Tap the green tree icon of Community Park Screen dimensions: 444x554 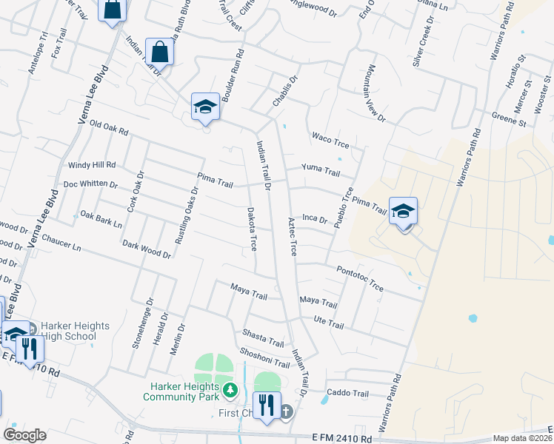[x=231, y=388]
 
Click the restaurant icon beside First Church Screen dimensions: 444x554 [x=268, y=406]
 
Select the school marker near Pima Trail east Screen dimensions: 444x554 [x=403, y=211]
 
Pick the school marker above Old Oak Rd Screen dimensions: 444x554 [x=205, y=107]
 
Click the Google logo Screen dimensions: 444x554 [x=24, y=435]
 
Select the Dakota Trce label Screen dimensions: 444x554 [x=251, y=228]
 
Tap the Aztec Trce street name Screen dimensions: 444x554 [x=293, y=238]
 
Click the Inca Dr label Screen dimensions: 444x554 [x=315, y=218]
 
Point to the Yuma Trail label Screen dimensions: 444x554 [x=321, y=170]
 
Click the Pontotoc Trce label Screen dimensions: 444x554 [x=360, y=278]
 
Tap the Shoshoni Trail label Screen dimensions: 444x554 [x=264, y=358]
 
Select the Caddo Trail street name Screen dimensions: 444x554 [x=348, y=393]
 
